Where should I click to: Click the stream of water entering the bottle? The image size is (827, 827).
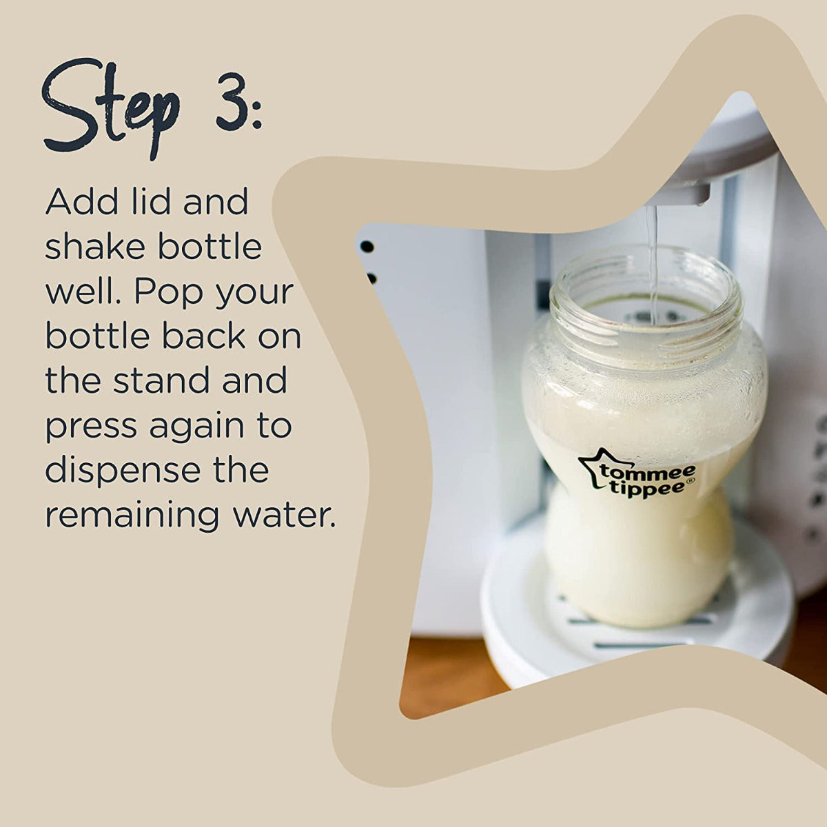point(652,262)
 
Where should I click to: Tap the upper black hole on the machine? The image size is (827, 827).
point(367,246)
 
